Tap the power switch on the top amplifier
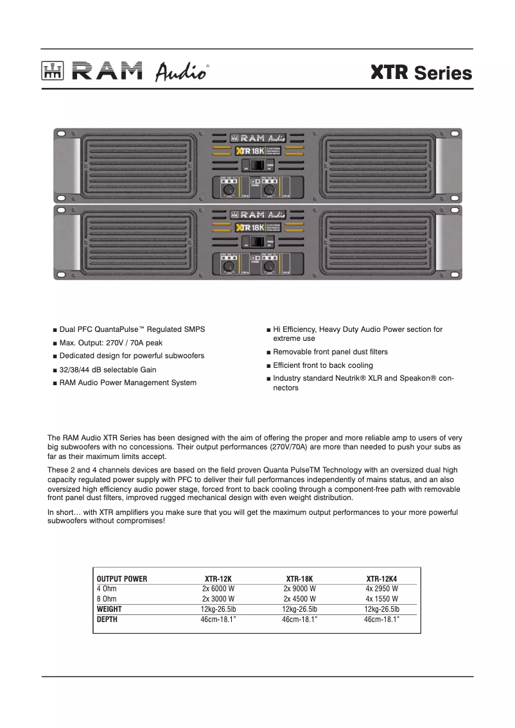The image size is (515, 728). pos(257,166)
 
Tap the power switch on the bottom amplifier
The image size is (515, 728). pos(257,242)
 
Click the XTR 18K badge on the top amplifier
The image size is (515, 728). pos(250,152)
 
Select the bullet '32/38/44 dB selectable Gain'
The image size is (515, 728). pos(108,370)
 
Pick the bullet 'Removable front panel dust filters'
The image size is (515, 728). pos(330,352)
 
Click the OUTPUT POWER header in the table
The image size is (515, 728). pos(122,578)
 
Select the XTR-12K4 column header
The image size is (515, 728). pos(381,578)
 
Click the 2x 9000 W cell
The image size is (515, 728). pos(299,589)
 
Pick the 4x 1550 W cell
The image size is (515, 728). pos(381,599)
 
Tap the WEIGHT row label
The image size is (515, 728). pos(109,609)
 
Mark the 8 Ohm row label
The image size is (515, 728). pos(107,599)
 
